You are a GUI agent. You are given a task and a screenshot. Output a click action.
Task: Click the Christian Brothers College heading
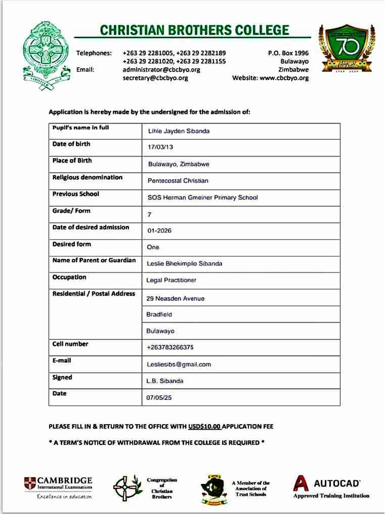coord(195,30)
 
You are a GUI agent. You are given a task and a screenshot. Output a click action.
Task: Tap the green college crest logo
coord(44,55)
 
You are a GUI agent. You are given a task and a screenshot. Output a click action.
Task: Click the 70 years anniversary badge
coord(345,49)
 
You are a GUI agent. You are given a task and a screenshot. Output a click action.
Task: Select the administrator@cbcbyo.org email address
coord(161,70)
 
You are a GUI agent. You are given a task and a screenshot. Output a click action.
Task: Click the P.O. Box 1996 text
coord(288,53)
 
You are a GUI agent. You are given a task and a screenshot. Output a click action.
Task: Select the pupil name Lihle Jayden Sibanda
coord(178,131)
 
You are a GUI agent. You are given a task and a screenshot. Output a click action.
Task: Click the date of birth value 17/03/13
coord(160,148)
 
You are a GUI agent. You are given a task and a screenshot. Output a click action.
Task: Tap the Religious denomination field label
coord(87,177)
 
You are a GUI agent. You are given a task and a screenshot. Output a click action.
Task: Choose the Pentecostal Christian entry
coord(178,181)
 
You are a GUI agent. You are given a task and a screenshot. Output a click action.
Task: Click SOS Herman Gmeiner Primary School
coord(203,198)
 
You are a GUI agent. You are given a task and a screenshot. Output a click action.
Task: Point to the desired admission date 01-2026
coord(159,231)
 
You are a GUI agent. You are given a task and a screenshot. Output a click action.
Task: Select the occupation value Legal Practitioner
coord(171,280)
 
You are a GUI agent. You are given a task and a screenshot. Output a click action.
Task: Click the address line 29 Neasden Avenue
coord(175,299)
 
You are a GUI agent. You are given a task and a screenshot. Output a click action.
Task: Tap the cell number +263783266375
coord(170,347)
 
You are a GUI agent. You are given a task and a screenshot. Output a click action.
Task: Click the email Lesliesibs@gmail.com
coord(178,364)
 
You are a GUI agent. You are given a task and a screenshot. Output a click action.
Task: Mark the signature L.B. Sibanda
coord(164,381)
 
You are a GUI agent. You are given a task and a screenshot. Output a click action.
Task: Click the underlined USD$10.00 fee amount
coord(205,427)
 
